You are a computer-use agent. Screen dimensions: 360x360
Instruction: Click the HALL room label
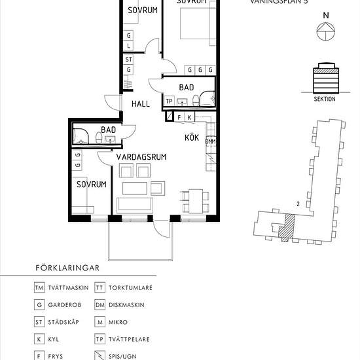(x=141, y=104)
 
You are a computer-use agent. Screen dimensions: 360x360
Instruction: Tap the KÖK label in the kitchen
(x=191, y=137)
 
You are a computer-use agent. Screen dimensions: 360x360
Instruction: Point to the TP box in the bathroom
(x=169, y=101)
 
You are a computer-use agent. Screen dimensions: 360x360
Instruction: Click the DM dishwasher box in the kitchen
(x=210, y=141)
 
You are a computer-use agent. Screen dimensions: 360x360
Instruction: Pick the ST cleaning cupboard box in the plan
(x=130, y=60)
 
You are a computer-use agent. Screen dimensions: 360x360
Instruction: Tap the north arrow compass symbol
(x=325, y=30)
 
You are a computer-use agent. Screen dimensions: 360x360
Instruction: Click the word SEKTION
(x=325, y=99)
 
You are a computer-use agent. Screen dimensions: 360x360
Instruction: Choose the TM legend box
(x=39, y=287)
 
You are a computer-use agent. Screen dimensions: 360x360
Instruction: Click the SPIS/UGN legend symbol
(x=99, y=356)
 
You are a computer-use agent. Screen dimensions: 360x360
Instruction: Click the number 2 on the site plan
(x=298, y=204)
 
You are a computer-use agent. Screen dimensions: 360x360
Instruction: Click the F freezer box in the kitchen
(x=179, y=117)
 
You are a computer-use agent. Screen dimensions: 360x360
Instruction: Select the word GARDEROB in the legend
(x=66, y=305)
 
